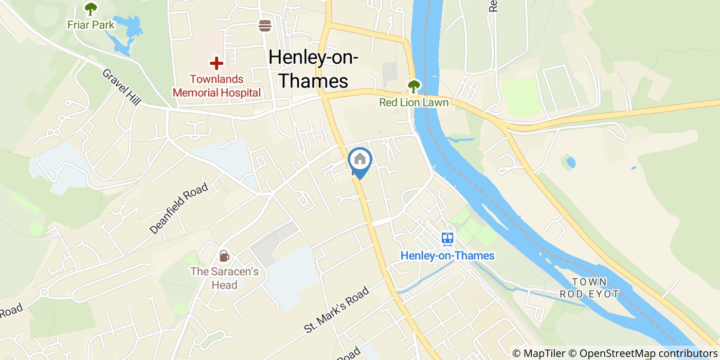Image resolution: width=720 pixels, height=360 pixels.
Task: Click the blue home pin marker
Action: point(360,160)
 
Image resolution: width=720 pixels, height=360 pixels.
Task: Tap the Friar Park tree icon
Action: point(91,9)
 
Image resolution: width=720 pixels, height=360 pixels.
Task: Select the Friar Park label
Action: point(91,25)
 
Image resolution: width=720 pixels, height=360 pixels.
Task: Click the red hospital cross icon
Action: point(216,64)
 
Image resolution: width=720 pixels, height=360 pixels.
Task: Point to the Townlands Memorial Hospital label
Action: point(217,86)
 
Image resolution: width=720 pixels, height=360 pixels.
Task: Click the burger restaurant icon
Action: point(265,26)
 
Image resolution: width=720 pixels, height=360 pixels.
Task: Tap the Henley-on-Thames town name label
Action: point(313,69)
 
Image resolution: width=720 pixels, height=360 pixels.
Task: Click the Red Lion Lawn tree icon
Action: point(413,86)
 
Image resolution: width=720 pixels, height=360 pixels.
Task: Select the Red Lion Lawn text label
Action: point(413,102)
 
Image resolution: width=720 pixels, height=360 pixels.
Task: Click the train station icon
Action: point(447,239)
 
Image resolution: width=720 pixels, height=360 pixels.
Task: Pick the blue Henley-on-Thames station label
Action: point(447,256)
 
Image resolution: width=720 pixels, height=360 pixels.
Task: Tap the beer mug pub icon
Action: point(224,256)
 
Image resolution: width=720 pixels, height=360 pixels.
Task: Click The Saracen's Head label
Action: point(225,278)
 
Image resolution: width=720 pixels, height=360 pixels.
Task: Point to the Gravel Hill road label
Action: point(121,87)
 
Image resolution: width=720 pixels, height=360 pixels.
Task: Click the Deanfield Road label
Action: point(179,209)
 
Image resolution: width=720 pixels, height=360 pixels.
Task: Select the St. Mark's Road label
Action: point(336,309)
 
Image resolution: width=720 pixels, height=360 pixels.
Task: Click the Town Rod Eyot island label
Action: point(589,288)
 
